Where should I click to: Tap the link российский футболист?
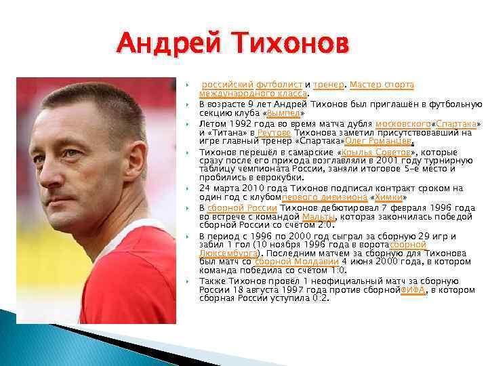252,85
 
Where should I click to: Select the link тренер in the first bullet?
328,85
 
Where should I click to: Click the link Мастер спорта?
382,85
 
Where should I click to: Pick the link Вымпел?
284,114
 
